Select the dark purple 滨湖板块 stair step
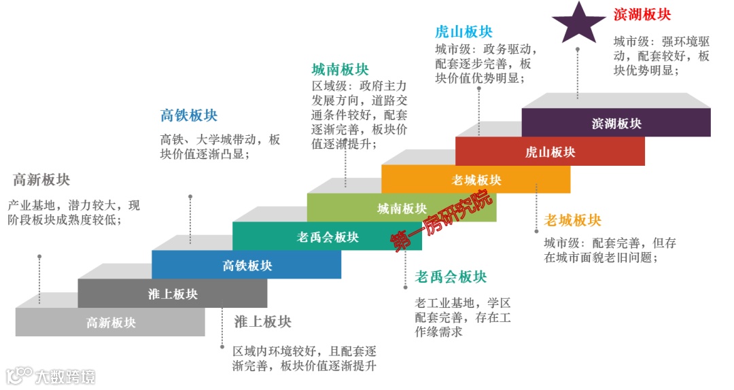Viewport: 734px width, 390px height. tap(616, 123)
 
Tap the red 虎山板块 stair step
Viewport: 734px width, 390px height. tap(550, 152)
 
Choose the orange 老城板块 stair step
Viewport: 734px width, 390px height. tap(476, 180)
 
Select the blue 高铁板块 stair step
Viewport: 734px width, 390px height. tap(246, 266)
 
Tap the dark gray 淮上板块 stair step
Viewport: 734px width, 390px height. tap(173, 294)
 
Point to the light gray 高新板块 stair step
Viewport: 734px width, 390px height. tap(110, 323)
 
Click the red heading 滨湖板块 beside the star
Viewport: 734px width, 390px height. tap(642, 14)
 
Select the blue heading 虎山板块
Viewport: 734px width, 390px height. tap(464, 32)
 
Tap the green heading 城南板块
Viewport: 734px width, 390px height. tap(340, 69)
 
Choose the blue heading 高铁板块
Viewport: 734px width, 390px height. tap(189, 116)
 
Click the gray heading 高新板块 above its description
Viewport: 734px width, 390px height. tap(41, 180)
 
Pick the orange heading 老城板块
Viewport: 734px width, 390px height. tap(573, 221)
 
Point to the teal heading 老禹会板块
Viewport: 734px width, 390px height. tap(451, 277)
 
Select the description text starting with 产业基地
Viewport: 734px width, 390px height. tap(73, 212)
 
